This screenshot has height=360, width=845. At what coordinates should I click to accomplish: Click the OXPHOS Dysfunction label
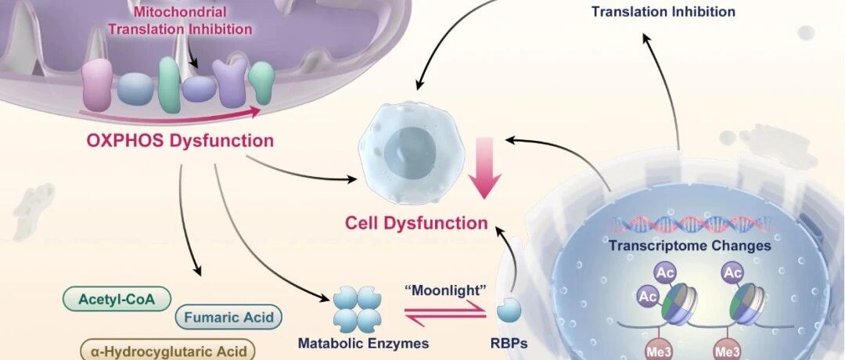pyautogui.click(x=180, y=141)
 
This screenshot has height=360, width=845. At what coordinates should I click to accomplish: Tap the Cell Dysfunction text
pyautogui.click(x=416, y=222)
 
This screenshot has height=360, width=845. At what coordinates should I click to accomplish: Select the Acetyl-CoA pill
pyautogui.click(x=117, y=300)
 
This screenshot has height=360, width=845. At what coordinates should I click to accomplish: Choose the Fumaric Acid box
pyautogui.click(x=228, y=317)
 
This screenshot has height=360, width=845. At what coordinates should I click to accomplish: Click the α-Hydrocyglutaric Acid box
pyautogui.click(x=167, y=351)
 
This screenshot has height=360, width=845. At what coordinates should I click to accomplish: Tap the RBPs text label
pyautogui.click(x=509, y=343)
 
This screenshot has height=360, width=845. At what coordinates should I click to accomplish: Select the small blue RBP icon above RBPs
pyautogui.click(x=509, y=311)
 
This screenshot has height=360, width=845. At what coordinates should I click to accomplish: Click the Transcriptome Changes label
pyautogui.click(x=690, y=246)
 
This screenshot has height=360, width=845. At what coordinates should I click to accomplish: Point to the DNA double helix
pyautogui.click(x=693, y=224)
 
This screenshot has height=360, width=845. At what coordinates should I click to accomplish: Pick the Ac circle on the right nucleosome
pyautogui.click(x=733, y=273)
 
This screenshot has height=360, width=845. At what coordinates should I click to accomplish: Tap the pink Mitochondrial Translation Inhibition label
pyautogui.click(x=180, y=20)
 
